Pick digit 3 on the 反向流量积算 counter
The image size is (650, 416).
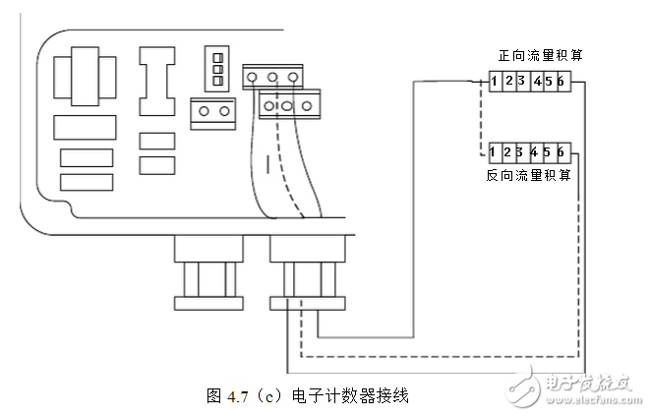pos(518,152)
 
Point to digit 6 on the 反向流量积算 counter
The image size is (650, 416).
pos(560,152)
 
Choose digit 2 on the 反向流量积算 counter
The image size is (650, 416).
pos(506,152)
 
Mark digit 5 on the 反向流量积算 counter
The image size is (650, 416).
pos(546,152)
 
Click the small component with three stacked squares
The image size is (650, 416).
pos(217,66)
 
